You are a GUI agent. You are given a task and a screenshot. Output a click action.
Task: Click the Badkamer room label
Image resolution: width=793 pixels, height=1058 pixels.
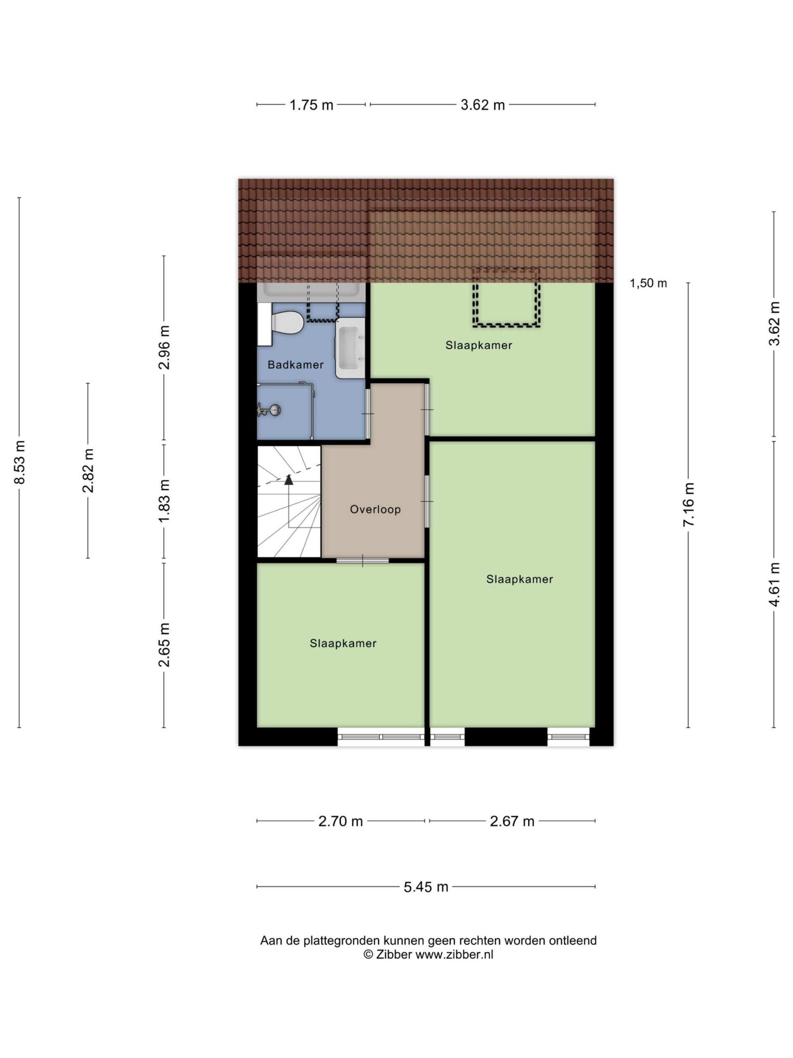[x=295, y=365]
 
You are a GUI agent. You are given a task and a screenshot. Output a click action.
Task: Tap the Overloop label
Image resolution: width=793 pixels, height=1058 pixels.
[x=375, y=510]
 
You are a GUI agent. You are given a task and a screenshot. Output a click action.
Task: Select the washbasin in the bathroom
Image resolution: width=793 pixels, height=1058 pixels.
[x=350, y=348]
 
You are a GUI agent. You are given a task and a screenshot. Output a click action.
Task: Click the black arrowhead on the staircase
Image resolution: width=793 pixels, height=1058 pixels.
[x=289, y=479]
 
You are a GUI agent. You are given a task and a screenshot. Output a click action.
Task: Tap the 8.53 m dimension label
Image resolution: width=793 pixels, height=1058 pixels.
[x=19, y=462]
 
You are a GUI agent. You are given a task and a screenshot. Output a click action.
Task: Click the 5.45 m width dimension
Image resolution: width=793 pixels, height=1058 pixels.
[x=426, y=887]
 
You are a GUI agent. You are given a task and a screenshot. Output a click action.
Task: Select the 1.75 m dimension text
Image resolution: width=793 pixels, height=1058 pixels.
[x=311, y=105]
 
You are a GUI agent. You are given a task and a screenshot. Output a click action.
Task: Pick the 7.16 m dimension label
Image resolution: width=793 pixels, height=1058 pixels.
[x=689, y=505]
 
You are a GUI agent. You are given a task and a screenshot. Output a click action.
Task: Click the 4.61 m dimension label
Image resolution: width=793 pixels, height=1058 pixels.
[x=774, y=584]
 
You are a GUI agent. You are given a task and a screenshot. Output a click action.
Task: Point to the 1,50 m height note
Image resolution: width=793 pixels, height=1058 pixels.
[x=648, y=283]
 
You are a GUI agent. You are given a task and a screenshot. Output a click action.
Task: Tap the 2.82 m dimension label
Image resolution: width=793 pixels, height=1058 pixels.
[x=88, y=471]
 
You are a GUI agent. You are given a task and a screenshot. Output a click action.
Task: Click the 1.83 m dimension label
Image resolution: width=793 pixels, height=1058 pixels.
[x=164, y=501]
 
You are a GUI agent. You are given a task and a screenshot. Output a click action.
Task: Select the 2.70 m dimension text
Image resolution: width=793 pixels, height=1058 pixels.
[x=341, y=821]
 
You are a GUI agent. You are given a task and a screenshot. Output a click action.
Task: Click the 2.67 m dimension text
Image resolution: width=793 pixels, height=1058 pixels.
[x=512, y=821]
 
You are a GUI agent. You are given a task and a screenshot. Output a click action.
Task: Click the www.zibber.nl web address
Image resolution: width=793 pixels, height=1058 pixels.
[x=454, y=954]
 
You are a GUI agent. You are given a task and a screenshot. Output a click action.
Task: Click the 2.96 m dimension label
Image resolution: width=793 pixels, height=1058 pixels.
[x=164, y=348]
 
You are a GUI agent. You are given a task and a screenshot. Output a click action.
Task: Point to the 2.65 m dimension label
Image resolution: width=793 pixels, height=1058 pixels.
[x=164, y=645]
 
